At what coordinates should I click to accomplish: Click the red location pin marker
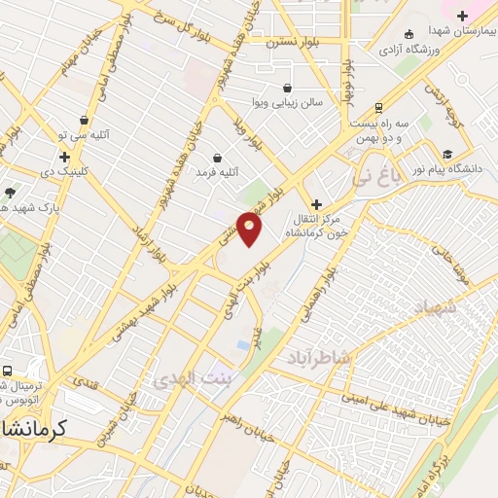pos(250,229)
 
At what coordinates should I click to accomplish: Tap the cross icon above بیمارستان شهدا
pos(462,16)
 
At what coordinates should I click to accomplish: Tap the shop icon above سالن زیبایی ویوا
pos(288,88)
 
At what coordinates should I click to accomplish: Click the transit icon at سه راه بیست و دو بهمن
pos(378,107)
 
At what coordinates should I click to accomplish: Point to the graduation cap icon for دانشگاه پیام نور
pos(447,154)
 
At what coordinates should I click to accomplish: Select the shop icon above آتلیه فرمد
pos(216,158)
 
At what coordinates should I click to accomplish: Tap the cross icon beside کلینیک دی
pos(64,156)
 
